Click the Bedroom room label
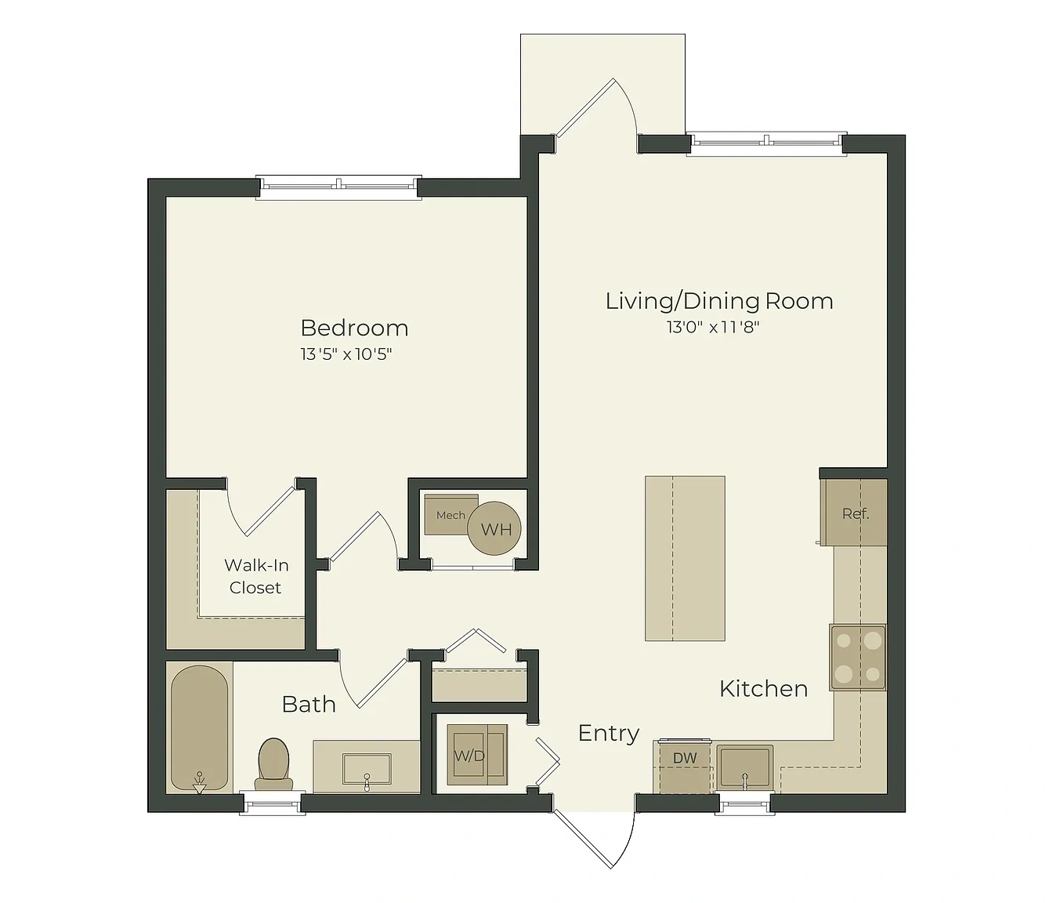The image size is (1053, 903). [x=354, y=328]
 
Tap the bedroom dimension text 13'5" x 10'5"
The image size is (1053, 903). [x=346, y=354]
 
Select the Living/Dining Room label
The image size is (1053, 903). [x=718, y=301]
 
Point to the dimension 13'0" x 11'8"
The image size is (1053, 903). [x=713, y=327]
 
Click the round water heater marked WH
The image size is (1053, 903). [x=494, y=528]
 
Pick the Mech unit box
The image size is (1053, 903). [x=451, y=515]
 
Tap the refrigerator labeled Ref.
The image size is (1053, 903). [x=856, y=513]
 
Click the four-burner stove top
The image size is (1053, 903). [x=858, y=658]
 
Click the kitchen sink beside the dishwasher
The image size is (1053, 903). [x=745, y=767]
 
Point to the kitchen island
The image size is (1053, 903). [x=685, y=559]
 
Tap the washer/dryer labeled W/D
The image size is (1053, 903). [x=477, y=755]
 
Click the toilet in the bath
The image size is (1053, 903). [x=273, y=764]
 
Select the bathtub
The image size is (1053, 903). [x=199, y=727]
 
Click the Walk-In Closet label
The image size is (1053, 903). [x=255, y=576]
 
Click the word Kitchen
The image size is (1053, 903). [x=764, y=689]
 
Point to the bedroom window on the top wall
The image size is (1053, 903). [x=338, y=187]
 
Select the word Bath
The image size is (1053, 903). [x=309, y=704]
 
